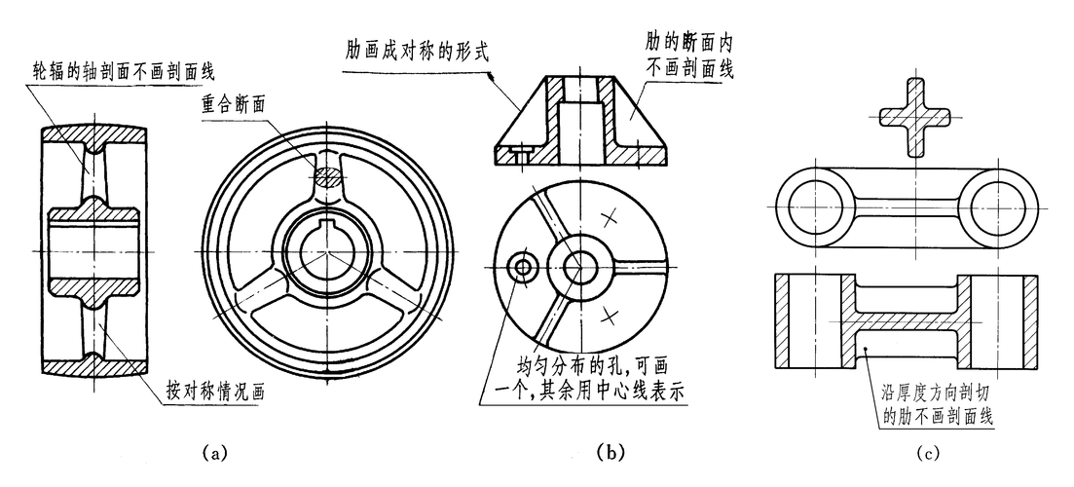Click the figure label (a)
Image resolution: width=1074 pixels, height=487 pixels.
click(214, 452)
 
